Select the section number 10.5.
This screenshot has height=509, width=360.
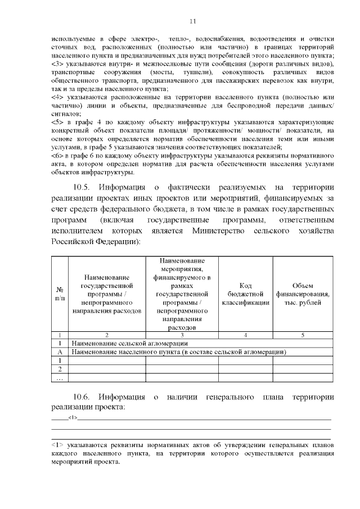point(83,187)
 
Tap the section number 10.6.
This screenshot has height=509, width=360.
point(83,398)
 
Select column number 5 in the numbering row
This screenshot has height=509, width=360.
point(303,335)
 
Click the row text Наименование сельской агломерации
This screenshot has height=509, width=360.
point(129,343)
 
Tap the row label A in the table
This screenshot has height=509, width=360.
point(60,352)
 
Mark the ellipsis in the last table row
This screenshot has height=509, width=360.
point(60,378)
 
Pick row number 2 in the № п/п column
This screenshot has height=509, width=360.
point(60,369)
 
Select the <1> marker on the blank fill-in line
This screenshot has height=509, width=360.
point(73,417)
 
